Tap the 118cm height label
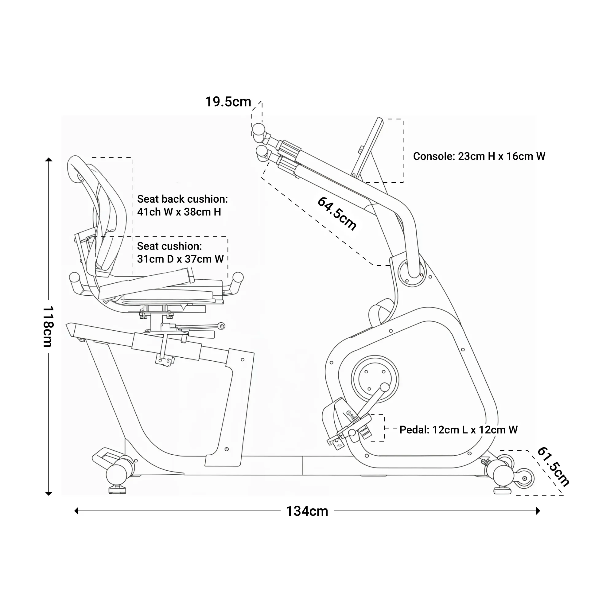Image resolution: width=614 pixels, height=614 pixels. click(x=48, y=326)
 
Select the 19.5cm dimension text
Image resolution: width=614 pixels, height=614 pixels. click(x=228, y=102)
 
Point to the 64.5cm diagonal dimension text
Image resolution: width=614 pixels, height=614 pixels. click(x=337, y=213)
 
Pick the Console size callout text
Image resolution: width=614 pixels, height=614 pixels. click(x=479, y=156)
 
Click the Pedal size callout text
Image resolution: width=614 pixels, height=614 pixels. click(x=458, y=430)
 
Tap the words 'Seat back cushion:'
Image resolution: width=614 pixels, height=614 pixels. click(x=182, y=199)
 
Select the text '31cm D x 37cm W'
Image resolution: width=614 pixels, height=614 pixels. click(x=180, y=259)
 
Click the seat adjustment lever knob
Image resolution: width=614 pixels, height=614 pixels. click(x=222, y=326)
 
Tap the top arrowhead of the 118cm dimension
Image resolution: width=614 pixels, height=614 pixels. click(x=49, y=160)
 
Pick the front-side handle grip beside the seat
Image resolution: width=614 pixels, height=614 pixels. click(x=238, y=278)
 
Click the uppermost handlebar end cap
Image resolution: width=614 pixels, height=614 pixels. click(x=258, y=129)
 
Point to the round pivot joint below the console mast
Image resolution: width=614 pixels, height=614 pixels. click(x=412, y=273)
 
